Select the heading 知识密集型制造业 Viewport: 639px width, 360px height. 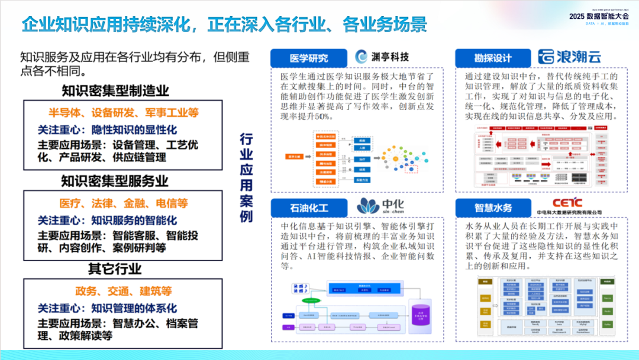point(116,91)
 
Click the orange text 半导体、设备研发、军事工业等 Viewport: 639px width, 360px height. point(123,112)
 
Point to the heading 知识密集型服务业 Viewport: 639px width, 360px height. point(115,181)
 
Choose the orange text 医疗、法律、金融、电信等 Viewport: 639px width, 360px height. point(123,203)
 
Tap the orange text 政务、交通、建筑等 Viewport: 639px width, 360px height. point(123,291)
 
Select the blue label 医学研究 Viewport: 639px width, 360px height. point(308,58)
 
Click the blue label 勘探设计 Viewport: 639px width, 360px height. point(492,58)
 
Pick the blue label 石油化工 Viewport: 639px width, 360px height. point(308,208)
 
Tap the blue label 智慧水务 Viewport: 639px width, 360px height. point(493,208)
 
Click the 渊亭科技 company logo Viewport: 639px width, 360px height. point(382,57)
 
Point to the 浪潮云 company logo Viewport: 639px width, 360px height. point(569,57)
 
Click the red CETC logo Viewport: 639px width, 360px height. point(569,204)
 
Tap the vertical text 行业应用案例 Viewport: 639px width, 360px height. point(246,178)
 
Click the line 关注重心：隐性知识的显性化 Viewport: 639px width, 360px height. point(107,130)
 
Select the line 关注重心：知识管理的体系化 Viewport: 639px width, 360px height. point(107,308)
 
